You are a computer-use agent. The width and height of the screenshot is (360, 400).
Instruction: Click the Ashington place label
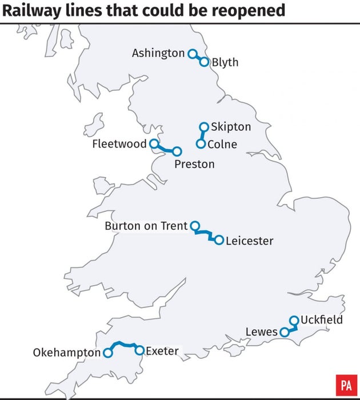(x=158, y=53)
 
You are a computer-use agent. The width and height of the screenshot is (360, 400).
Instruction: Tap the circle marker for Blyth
(x=204, y=62)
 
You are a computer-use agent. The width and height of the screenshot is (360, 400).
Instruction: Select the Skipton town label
(x=231, y=126)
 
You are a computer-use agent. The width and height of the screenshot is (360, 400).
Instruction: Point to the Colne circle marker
(x=201, y=143)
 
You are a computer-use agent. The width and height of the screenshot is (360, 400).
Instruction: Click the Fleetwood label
(x=119, y=144)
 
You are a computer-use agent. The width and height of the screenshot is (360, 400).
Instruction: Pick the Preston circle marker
(x=177, y=151)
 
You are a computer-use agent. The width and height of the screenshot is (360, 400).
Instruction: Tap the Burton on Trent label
(x=146, y=226)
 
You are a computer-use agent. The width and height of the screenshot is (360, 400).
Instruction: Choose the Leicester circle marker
(x=219, y=240)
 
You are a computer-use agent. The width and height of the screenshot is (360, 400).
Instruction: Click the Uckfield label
(x=322, y=319)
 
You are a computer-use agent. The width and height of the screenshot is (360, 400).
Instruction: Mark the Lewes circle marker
(x=284, y=332)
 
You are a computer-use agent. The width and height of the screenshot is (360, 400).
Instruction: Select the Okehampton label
(x=66, y=353)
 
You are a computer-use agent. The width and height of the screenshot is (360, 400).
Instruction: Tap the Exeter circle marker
(x=139, y=350)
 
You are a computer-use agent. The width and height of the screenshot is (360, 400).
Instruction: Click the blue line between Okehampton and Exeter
(x=123, y=344)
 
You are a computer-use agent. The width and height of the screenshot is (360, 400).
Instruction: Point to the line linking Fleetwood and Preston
(x=165, y=149)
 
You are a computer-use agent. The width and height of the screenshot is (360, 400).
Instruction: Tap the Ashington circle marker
(x=192, y=53)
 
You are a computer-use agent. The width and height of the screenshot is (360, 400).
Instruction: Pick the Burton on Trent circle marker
(x=195, y=226)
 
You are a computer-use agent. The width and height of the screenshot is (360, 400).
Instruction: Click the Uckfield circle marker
(x=294, y=321)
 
